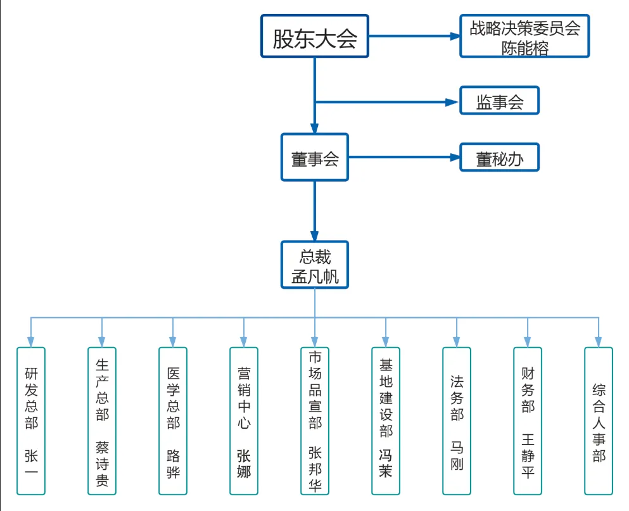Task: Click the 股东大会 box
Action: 315,37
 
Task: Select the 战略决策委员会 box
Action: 524,37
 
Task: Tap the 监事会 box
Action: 500,101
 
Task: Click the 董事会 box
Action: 315,158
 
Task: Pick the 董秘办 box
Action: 500,158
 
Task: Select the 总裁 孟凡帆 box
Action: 315,265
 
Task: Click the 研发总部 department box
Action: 31,420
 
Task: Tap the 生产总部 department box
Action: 102,420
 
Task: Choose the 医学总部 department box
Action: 173,420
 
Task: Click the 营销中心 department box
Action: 244,420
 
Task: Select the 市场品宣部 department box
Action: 315,420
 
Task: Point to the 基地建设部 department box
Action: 386,420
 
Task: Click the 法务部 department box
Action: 457,420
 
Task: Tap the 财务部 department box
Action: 528,420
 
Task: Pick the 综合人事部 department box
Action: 599,420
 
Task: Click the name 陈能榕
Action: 524,47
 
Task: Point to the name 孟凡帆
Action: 315,276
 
